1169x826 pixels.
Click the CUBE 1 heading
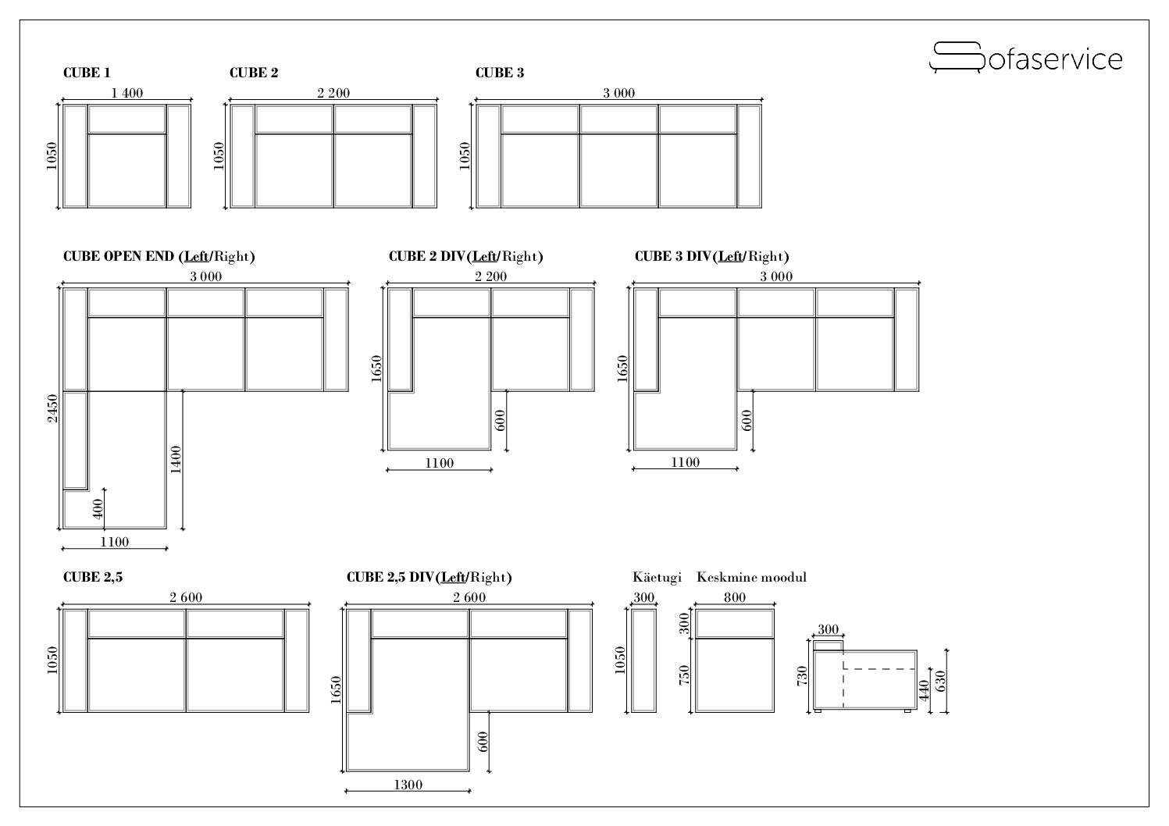click(x=87, y=73)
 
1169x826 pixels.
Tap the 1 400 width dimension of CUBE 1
click(x=127, y=93)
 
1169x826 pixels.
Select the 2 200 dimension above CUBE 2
click(x=333, y=93)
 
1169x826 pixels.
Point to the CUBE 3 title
click(x=500, y=73)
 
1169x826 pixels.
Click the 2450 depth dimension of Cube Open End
click(x=52, y=408)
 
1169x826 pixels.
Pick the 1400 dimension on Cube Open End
click(x=176, y=460)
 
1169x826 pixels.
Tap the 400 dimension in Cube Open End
click(x=98, y=509)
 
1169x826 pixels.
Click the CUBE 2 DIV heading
click(x=466, y=256)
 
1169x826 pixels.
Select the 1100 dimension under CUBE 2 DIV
click(x=440, y=463)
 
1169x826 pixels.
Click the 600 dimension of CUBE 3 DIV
click(x=747, y=420)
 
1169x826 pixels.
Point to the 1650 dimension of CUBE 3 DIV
click(x=622, y=368)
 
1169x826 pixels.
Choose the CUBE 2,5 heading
click(x=93, y=577)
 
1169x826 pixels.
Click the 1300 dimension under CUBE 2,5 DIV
click(x=408, y=785)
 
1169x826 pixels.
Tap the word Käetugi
click(x=657, y=577)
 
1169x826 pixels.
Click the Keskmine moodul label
click(x=751, y=577)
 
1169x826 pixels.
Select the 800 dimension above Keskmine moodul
click(x=735, y=597)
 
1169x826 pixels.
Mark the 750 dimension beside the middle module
click(x=684, y=675)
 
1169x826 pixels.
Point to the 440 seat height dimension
click(x=925, y=690)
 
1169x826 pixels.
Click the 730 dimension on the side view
click(x=802, y=676)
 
